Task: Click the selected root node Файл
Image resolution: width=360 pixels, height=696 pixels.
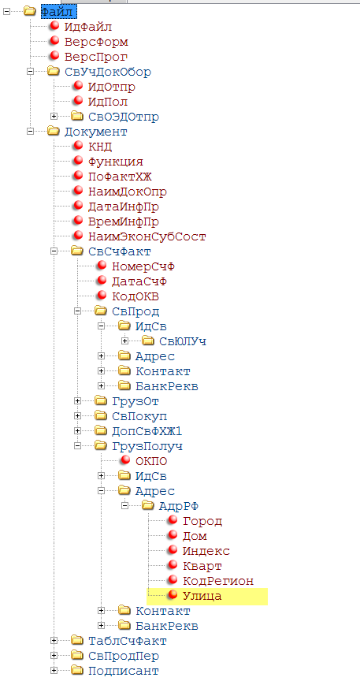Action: coord(56,12)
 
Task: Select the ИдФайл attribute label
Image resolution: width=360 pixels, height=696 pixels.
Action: coord(87,27)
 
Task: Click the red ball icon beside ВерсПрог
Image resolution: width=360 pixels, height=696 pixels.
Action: coord(54,56)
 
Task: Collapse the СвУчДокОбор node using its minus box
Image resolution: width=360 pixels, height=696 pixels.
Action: coord(30,72)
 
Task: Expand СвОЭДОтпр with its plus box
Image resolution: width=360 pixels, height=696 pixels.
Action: coord(54,117)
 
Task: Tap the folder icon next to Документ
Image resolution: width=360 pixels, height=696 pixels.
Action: coord(54,132)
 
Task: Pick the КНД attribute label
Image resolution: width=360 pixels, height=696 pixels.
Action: coord(100,147)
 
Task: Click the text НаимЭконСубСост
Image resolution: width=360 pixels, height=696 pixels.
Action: coord(147,236)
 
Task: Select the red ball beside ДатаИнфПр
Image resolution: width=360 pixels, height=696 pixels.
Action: coord(79,206)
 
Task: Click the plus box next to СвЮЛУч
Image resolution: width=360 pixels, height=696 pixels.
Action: coord(125,341)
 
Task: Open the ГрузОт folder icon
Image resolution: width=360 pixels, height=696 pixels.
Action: coord(102,401)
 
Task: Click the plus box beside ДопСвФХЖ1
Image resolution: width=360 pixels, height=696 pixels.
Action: coord(78,430)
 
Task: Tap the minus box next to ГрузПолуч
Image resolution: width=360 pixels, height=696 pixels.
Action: coord(78,445)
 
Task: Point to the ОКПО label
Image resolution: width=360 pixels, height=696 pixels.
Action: coord(151,462)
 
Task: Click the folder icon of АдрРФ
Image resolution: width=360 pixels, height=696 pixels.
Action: coord(149,505)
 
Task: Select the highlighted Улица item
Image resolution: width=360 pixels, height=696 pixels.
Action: coord(207,596)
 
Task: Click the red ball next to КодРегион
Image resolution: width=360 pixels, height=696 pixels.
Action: coord(173,580)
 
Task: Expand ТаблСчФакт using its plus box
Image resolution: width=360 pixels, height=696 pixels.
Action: coord(54,641)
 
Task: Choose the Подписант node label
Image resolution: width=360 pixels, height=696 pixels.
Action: coord(124,671)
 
